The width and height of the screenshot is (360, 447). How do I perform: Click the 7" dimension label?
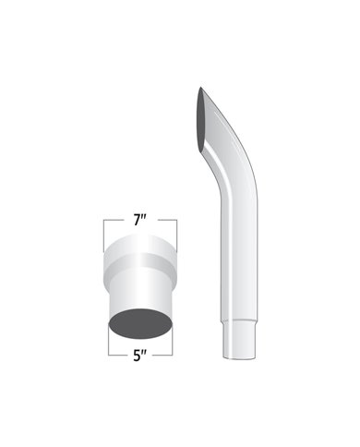140,221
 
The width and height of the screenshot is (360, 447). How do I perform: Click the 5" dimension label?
140,356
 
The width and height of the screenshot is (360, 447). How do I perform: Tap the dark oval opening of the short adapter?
140,323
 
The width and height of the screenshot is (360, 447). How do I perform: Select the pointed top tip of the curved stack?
200,88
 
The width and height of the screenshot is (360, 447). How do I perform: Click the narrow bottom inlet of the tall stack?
239,340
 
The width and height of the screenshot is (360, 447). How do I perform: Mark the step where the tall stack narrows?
239,321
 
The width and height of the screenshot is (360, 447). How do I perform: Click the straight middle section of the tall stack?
239,261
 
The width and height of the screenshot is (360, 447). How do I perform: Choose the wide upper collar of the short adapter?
140,257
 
